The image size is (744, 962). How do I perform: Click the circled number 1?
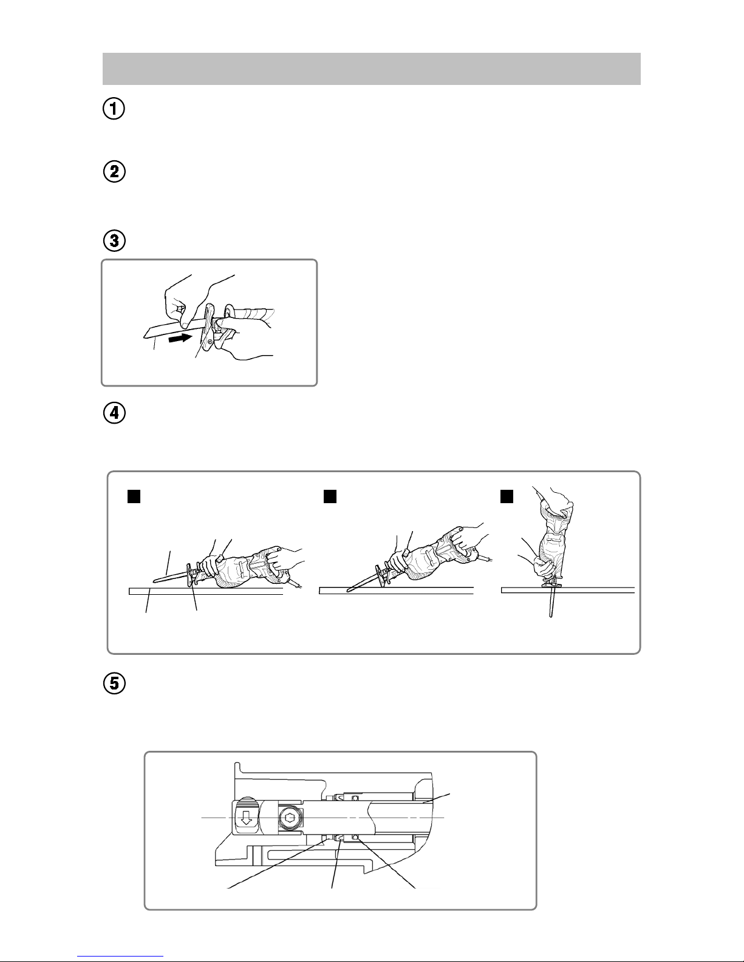(114, 109)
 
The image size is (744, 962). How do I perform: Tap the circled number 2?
(114, 172)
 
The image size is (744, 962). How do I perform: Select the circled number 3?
(114, 241)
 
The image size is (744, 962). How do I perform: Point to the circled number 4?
(114, 413)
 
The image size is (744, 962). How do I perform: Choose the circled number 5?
(114, 683)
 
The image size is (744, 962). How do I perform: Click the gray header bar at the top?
(372, 69)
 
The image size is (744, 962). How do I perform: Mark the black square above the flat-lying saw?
(134, 496)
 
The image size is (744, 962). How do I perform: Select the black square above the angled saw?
(330, 496)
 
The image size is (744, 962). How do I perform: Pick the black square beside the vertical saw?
(507, 496)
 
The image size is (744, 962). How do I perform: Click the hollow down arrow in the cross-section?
(246, 818)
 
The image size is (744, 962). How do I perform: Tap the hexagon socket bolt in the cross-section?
(289, 819)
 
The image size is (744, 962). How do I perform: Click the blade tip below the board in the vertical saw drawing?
(550, 616)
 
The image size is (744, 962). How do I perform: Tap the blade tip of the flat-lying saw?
(154, 580)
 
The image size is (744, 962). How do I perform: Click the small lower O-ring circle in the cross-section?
(354, 838)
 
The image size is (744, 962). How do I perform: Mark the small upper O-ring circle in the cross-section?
(354, 798)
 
